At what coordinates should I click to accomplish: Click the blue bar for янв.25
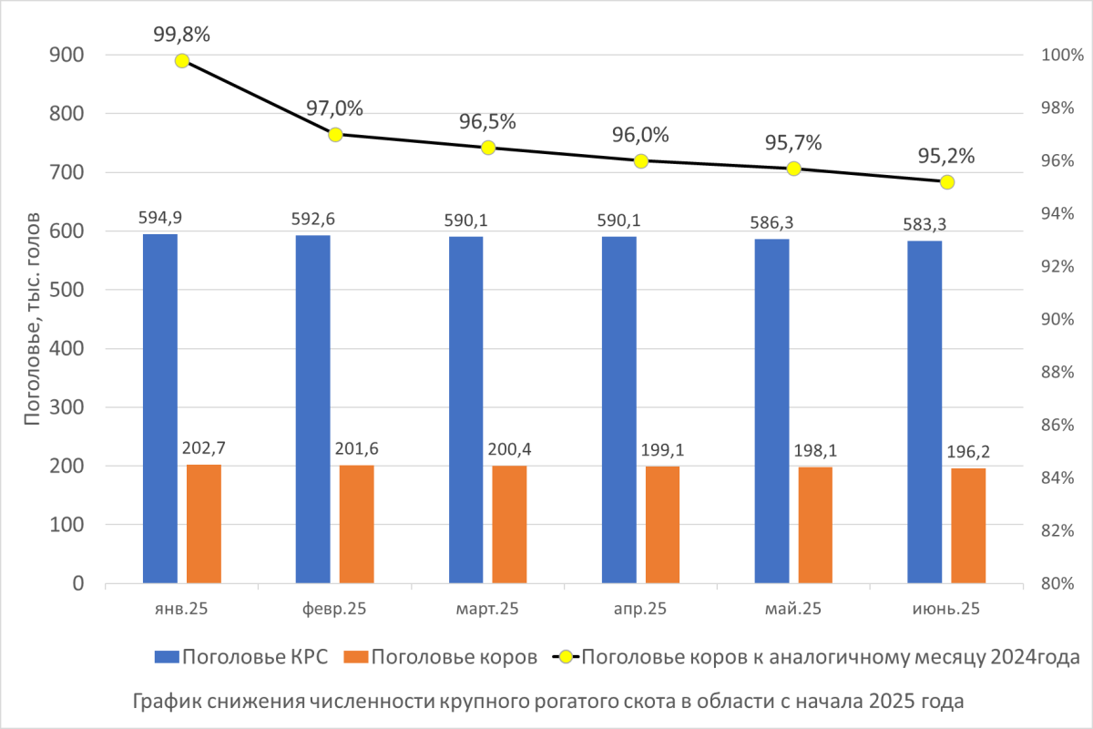(x=160, y=408)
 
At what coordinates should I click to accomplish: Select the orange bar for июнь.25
(x=968, y=526)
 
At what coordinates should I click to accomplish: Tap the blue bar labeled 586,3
(x=772, y=411)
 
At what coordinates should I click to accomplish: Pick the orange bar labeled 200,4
(x=509, y=524)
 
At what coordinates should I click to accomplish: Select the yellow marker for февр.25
(x=335, y=135)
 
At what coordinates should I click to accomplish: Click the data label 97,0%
(x=335, y=108)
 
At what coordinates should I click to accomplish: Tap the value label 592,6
(x=313, y=219)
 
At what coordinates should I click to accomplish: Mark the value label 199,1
(x=662, y=450)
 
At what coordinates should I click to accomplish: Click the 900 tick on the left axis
(x=66, y=55)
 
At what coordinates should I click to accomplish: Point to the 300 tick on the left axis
(x=66, y=406)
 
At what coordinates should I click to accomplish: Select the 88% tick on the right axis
(x=1057, y=372)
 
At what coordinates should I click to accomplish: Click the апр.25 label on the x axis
(x=640, y=609)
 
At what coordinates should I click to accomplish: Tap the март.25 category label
(x=487, y=609)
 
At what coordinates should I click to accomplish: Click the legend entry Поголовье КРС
(x=241, y=657)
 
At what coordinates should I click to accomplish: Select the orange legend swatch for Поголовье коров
(x=356, y=657)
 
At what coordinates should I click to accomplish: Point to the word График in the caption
(x=169, y=702)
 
